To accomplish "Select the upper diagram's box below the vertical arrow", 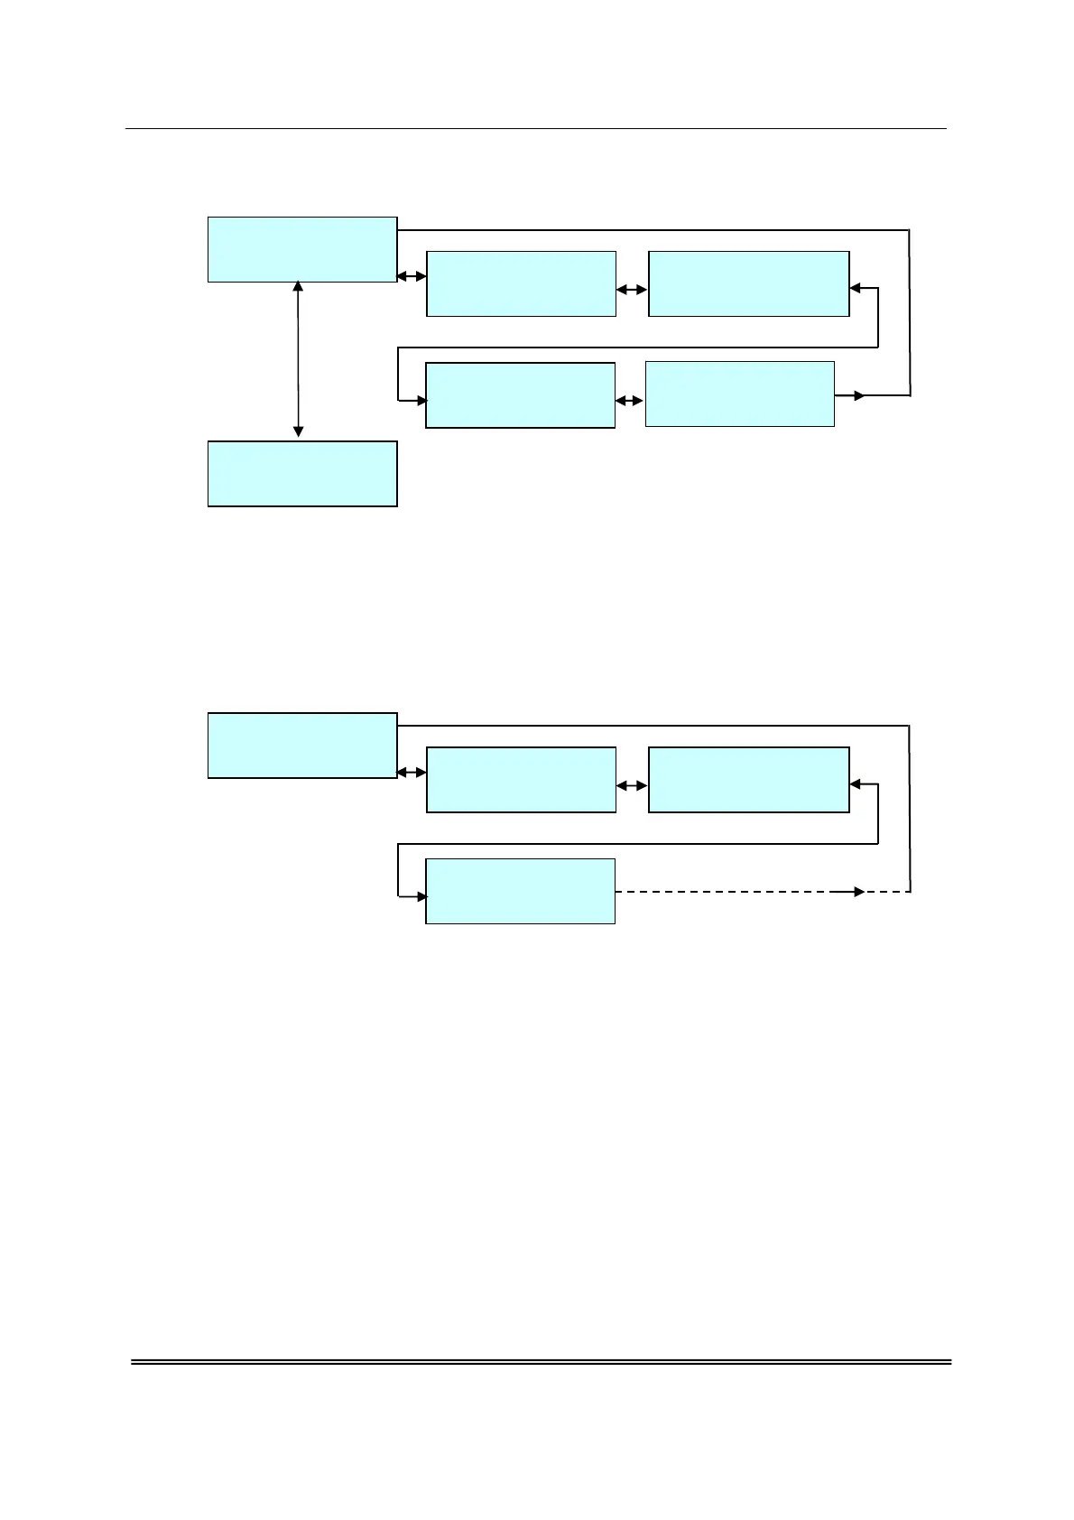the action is click(x=302, y=474).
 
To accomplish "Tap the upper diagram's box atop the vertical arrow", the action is click(x=302, y=249).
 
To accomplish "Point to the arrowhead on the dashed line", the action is click(x=858, y=892).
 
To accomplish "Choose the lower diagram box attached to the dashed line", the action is click(x=520, y=891).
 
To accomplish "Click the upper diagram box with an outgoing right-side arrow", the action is click(x=739, y=394).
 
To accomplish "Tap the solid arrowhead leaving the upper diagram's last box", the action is click(x=858, y=395).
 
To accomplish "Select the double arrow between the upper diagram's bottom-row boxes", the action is click(x=630, y=401).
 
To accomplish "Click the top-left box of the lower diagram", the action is click(x=302, y=746).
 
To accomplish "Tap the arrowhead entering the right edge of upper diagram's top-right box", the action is click(x=856, y=289).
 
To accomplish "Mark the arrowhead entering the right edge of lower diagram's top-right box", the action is click(x=856, y=785).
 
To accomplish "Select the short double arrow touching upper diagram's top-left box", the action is click(x=412, y=276).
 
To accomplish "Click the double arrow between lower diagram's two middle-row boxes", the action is click(x=632, y=786).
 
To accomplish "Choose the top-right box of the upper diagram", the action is click(x=748, y=283).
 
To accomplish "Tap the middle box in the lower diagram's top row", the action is click(x=521, y=780).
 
